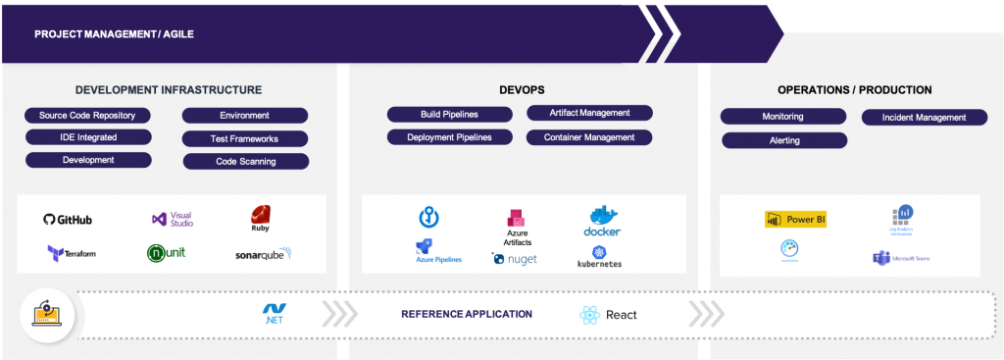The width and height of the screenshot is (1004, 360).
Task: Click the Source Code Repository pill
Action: [x=87, y=115]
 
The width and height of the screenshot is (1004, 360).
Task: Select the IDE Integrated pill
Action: [x=87, y=137]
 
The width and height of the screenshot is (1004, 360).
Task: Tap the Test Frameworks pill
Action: [x=245, y=139]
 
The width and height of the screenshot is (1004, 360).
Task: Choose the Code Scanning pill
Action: [x=245, y=161]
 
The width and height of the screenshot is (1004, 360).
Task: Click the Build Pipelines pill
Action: [x=449, y=115]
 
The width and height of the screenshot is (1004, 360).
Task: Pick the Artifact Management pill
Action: [x=589, y=114]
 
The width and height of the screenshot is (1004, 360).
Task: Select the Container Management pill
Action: [x=589, y=137]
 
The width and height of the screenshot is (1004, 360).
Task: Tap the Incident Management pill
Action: [x=924, y=118]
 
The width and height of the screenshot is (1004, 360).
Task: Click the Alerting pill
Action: [x=784, y=140]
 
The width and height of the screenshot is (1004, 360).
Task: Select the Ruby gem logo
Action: [x=260, y=219]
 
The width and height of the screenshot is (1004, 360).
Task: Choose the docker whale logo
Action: [x=602, y=221]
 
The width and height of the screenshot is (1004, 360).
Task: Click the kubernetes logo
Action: [x=600, y=257]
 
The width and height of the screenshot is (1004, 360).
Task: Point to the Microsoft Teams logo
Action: [x=901, y=258]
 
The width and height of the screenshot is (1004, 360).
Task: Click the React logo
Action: [x=608, y=315]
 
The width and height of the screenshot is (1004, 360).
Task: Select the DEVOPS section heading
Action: [x=521, y=90]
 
